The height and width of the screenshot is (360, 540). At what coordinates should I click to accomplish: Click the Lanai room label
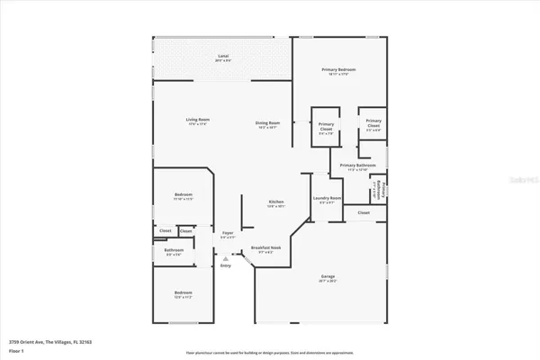point(222,58)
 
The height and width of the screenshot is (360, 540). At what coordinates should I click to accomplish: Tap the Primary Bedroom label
point(339,71)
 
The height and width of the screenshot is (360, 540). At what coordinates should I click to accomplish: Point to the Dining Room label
point(269,124)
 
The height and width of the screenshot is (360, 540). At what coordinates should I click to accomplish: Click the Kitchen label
point(276,202)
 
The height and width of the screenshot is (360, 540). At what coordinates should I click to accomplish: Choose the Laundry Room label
point(327,199)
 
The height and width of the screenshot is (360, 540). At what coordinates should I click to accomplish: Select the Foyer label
point(228,234)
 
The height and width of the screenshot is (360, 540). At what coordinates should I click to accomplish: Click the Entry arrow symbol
point(226,259)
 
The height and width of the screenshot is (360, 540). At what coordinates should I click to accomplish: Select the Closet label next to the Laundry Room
point(363,212)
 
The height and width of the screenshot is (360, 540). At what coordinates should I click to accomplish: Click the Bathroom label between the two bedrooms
point(175,251)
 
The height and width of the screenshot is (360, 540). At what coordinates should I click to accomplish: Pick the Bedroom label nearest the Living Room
point(183,195)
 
